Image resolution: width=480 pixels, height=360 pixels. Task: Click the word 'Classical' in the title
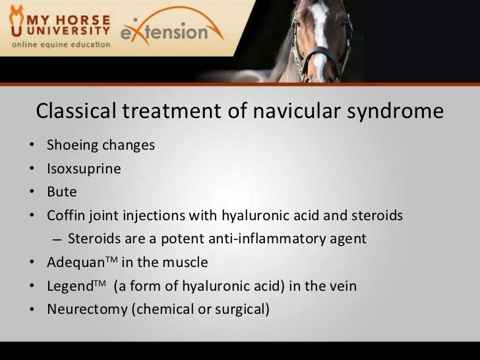click(75, 112)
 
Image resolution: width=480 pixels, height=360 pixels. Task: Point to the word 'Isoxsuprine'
click(84, 169)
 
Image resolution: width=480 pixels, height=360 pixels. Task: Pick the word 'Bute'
click(62, 192)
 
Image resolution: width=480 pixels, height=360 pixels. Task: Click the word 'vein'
click(343, 285)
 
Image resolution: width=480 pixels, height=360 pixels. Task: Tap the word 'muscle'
click(186, 262)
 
